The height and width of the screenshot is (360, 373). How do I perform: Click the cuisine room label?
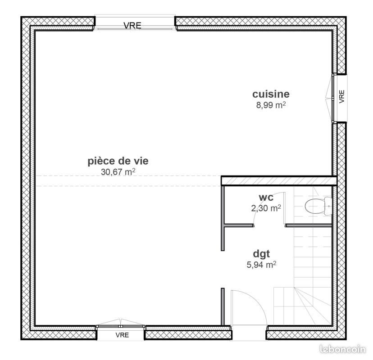270,94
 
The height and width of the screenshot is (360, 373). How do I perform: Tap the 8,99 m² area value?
270,105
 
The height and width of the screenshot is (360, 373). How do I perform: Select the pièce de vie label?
118,161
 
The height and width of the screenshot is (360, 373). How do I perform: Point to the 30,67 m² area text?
118,171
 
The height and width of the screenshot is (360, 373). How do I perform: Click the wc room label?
265,198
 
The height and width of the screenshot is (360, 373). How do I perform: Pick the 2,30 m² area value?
266,208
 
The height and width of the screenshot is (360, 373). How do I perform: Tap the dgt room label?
261,254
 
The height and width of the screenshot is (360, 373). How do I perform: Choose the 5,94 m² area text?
261,265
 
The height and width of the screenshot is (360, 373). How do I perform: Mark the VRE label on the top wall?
132,26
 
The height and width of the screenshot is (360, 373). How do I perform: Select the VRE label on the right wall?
341,96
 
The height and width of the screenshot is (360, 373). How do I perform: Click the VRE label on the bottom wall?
122,335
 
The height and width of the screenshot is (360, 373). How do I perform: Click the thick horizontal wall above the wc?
279,180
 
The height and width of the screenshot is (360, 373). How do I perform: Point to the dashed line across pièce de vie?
126,185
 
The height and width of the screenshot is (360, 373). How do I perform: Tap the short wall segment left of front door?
223,306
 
